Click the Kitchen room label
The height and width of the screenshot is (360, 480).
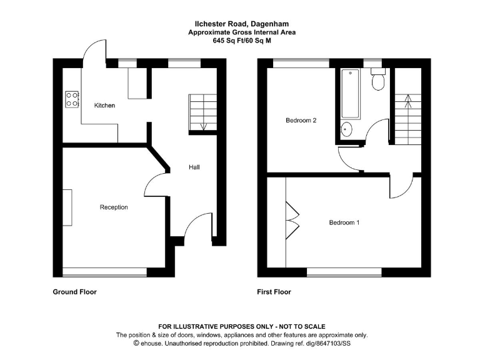(x=104, y=106)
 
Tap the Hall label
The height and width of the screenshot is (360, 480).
(x=194, y=167)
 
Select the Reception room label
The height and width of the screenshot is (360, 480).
(x=114, y=207)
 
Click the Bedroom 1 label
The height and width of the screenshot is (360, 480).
(x=344, y=222)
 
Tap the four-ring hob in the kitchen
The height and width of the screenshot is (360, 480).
(x=72, y=98)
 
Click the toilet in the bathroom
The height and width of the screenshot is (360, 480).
(x=377, y=81)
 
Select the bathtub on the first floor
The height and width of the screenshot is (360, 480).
(x=351, y=93)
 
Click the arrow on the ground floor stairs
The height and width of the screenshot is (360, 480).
(x=202, y=126)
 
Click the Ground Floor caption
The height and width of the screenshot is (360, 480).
(x=74, y=292)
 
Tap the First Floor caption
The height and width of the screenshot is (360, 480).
(x=274, y=292)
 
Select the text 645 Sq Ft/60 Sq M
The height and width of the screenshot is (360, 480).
(x=242, y=41)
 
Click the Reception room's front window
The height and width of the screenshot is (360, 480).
(x=104, y=272)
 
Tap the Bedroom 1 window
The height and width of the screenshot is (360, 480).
(x=344, y=272)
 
